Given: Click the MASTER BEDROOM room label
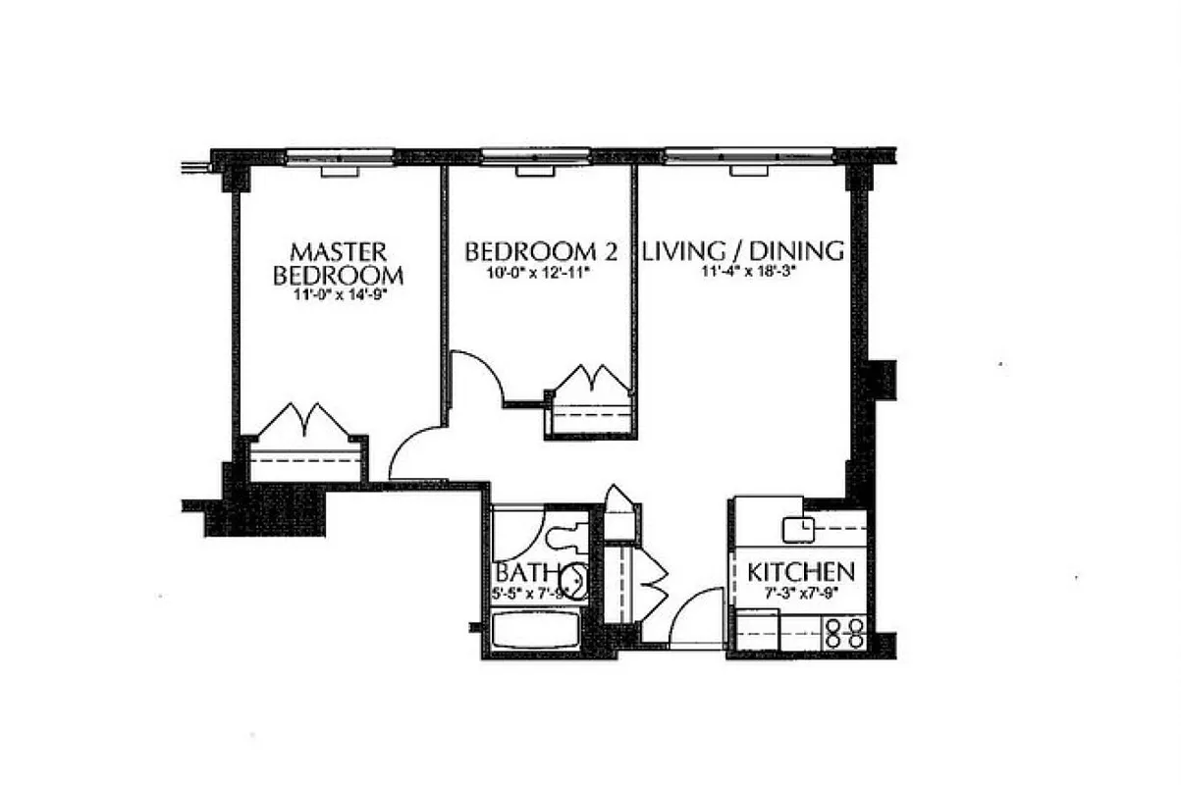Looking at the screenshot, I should click(x=337, y=262).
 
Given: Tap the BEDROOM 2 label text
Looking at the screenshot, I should click(x=541, y=251).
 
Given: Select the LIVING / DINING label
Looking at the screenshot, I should click(x=743, y=251).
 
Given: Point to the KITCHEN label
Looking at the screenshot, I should click(x=800, y=572).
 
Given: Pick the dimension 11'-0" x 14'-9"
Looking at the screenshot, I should click(x=337, y=293).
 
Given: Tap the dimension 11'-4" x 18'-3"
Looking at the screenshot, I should click(x=746, y=274).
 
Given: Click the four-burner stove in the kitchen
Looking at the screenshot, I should click(x=845, y=632).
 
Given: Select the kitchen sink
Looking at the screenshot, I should click(x=797, y=529).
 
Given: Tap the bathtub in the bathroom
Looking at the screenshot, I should click(x=533, y=631).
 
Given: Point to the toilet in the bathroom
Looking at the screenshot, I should click(x=565, y=536).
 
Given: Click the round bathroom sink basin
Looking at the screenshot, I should click(x=577, y=581).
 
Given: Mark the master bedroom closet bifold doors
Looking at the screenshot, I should click(x=304, y=423).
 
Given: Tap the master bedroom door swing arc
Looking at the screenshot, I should click(x=415, y=453).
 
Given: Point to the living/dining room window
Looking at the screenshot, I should click(x=748, y=155).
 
